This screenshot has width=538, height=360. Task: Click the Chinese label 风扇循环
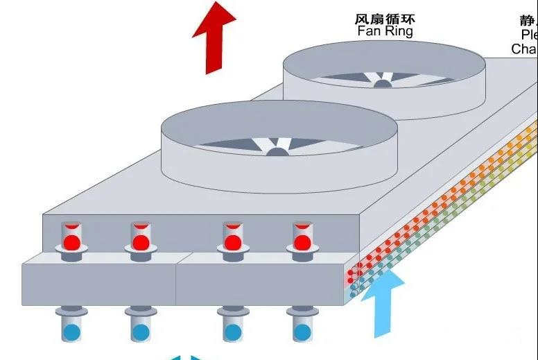tap(384, 19)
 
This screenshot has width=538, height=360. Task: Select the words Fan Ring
tap(384, 31)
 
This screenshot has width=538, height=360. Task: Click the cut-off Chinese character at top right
tap(530, 19)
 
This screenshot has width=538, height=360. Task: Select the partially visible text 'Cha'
tap(525, 49)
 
